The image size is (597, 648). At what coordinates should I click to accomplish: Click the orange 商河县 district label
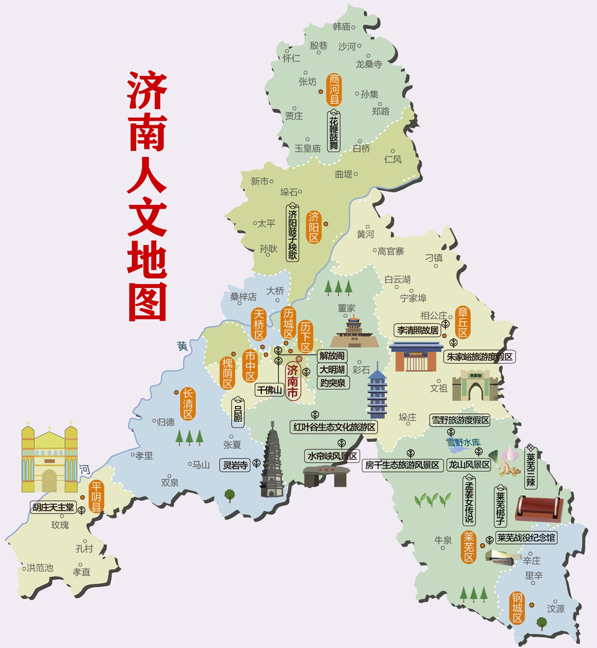334,90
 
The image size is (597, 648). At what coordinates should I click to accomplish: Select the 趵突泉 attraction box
333,383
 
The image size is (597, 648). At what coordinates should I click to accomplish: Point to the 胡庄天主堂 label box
53,507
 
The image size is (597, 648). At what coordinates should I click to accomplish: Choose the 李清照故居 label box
417,330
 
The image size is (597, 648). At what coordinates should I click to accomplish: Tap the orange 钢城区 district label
517,608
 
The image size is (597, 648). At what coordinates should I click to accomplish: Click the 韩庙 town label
342,26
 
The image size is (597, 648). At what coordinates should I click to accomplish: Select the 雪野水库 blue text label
463,442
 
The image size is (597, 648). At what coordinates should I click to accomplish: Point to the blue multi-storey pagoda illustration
377,390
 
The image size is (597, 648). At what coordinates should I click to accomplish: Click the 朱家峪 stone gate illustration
475,385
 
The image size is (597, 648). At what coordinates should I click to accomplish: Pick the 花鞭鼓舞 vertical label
334,131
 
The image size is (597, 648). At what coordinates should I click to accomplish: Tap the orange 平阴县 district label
96,496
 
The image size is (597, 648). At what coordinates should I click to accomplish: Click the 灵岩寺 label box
235,465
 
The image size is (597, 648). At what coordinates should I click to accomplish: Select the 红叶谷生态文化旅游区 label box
334,427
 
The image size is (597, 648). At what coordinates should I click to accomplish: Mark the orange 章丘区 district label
463,322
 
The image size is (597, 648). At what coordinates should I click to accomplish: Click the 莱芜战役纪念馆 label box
526,538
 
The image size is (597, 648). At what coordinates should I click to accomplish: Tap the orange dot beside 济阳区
326,224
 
